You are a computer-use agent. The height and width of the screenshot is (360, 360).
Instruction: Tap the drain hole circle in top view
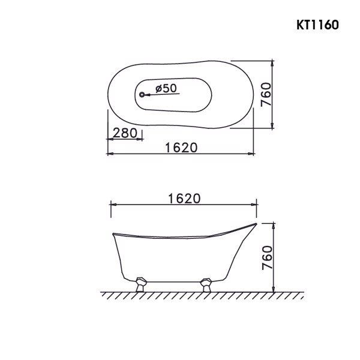(x=142, y=94)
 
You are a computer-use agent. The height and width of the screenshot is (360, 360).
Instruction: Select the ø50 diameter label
(x=165, y=88)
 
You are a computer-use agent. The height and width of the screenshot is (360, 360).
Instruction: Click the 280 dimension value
(x=125, y=133)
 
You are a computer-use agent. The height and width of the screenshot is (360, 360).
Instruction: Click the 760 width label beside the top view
(x=267, y=94)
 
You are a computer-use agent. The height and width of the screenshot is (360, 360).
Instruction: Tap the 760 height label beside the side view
(x=268, y=257)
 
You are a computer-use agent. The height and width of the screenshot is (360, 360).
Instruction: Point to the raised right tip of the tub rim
(x=255, y=224)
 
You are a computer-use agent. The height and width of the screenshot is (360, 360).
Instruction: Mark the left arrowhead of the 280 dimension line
(x=109, y=139)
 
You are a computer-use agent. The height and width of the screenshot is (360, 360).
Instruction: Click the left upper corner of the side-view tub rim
(x=113, y=232)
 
